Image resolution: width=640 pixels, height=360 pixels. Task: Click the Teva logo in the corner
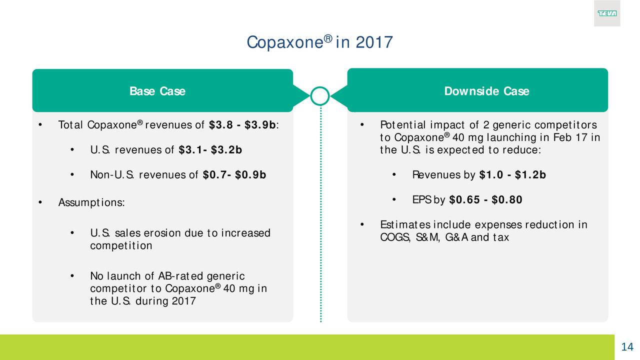(x=607, y=13)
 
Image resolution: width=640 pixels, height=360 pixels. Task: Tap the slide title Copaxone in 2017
(x=319, y=42)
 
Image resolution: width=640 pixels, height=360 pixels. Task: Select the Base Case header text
(x=157, y=91)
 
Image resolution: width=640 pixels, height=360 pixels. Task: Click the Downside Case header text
(x=486, y=91)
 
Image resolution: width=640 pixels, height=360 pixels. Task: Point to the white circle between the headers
(x=319, y=87)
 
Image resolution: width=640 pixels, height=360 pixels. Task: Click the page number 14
(x=627, y=347)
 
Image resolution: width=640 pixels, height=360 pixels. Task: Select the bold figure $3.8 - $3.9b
(x=242, y=125)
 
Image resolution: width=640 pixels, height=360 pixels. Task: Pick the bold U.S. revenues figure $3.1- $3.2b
(x=210, y=149)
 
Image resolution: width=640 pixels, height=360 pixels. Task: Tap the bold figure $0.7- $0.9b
(x=234, y=175)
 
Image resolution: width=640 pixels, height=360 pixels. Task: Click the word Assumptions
(x=91, y=202)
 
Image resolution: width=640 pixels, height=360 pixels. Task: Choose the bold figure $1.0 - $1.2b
(x=512, y=175)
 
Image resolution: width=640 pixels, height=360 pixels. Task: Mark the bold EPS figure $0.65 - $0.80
(x=485, y=199)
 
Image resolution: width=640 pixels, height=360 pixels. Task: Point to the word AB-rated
(x=181, y=276)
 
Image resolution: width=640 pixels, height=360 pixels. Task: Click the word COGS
(x=395, y=237)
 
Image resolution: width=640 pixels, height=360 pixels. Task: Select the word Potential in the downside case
(x=403, y=125)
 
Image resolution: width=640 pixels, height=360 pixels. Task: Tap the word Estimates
(x=405, y=225)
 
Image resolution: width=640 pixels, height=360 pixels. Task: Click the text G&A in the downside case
(x=456, y=237)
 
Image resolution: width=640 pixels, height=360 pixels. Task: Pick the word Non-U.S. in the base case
(x=112, y=175)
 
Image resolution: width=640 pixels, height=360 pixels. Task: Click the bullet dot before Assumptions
(x=40, y=202)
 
